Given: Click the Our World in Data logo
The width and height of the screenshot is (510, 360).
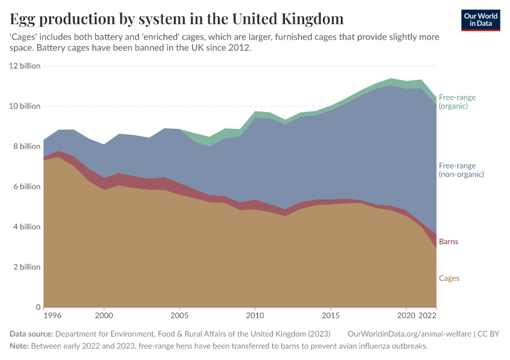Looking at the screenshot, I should (x=481, y=20).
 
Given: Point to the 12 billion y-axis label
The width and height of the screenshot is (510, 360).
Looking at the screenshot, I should (x=25, y=66).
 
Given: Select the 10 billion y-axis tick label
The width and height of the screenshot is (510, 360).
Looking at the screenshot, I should (x=25, y=106).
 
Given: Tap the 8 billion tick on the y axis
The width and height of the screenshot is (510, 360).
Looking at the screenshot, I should (x=26, y=146).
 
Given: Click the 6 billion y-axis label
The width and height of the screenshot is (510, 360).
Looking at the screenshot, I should (x=26, y=187).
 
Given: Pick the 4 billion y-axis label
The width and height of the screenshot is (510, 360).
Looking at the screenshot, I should (x=26, y=227).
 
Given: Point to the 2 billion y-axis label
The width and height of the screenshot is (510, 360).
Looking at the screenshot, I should (x=26, y=267).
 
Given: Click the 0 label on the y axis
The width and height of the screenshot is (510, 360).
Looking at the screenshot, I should (x=37, y=307).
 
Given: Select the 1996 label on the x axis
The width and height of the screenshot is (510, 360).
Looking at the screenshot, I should (x=52, y=315).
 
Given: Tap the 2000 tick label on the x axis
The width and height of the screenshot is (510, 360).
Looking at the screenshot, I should (x=104, y=315).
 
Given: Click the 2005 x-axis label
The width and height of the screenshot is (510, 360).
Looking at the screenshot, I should (x=179, y=315).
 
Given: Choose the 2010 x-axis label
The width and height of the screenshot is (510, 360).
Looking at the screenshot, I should (x=255, y=315).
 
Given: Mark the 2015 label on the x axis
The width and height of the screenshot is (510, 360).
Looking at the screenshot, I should (x=331, y=315).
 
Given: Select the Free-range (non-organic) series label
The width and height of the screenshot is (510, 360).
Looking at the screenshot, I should (x=461, y=170).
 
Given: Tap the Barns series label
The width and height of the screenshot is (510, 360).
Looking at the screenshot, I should (x=448, y=242).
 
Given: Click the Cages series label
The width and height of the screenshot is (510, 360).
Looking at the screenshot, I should (x=449, y=278).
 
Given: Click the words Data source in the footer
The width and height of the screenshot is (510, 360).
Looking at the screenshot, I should (x=32, y=334).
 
